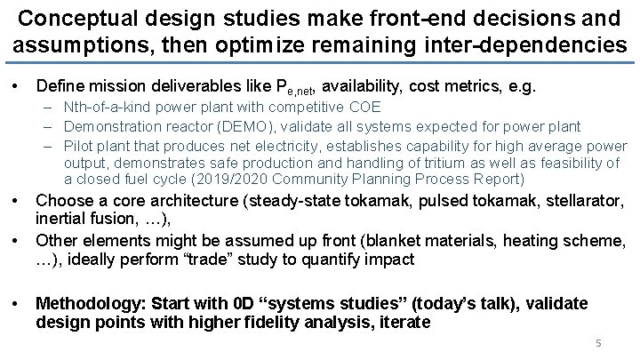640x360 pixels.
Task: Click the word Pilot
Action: (x=80, y=144)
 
